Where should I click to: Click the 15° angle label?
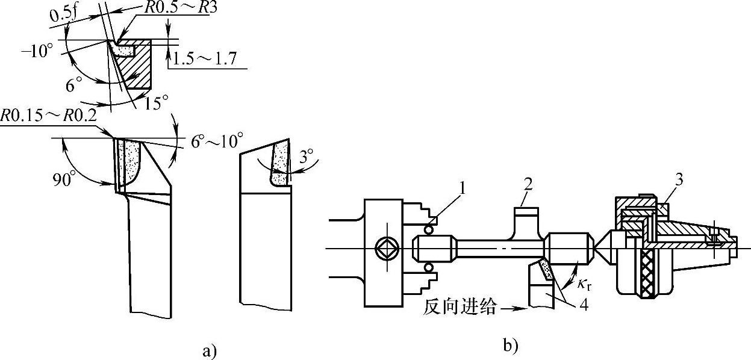pyautogui.click(x=157, y=103)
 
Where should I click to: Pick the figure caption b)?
pyautogui.click(x=510, y=346)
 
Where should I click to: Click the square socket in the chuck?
pyautogui.click(x=384, y=247)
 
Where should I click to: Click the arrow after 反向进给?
pyautogui.click(x=514, y=309)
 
